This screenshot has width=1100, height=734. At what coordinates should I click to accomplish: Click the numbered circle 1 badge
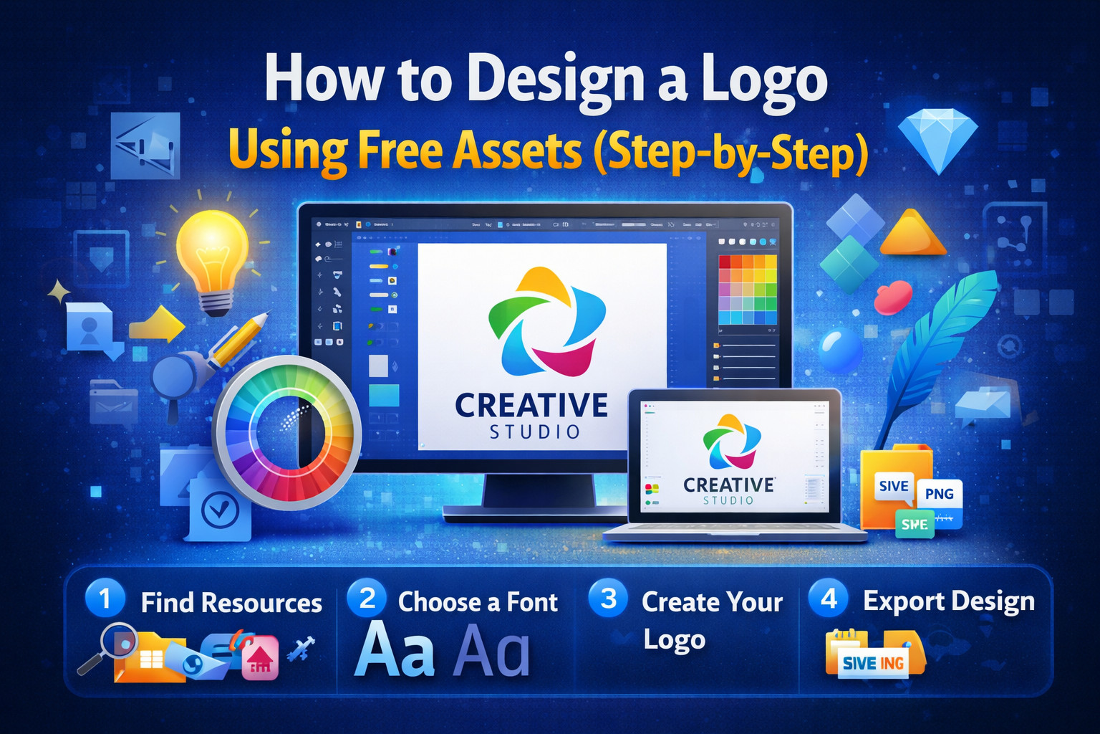(x=105, y=599)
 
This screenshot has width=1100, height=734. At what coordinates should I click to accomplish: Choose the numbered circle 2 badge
(x=367, y=599)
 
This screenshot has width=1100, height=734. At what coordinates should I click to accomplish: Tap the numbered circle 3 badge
(x=608, y=599)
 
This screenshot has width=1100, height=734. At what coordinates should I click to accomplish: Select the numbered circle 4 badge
(x=829, y=599)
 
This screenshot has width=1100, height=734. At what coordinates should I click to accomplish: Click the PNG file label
(x=939, y=494)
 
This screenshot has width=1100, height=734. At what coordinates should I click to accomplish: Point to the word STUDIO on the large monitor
(x=534, y=432)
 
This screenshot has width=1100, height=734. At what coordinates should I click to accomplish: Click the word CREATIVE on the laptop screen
(x=728, y=485)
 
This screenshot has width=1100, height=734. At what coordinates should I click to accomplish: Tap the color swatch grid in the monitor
(x=748, y=290)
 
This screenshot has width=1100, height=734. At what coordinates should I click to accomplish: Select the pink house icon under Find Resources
(x=260, y=659)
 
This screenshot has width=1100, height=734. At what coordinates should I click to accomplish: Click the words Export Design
(x=948, y=601)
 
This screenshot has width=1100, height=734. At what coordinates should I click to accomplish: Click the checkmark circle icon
(x=220, y=510)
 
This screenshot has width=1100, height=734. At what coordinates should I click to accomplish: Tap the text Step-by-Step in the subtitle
(x=730, y=152)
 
